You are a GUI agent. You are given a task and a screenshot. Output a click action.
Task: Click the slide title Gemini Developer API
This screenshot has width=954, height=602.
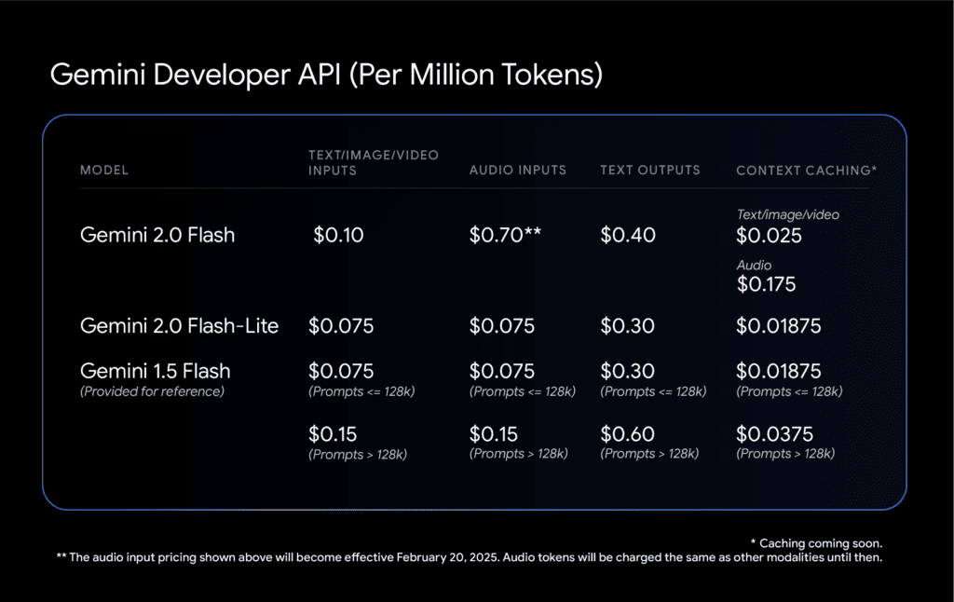coord(326,75)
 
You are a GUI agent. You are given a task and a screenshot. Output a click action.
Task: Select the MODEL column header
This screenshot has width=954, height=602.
coord(104,171)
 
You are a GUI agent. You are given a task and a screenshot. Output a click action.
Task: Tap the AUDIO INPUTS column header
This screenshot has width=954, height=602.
coord(517,171)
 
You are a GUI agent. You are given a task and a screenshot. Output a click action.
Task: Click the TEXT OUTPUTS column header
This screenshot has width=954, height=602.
coord(649,171)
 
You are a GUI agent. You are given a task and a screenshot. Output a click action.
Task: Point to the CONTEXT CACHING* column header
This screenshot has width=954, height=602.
coord(806,171)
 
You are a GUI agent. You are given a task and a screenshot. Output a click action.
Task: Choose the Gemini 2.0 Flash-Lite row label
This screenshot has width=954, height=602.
coord(179,326)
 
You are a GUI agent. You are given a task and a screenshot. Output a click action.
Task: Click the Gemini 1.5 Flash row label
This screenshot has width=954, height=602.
coord(155,371)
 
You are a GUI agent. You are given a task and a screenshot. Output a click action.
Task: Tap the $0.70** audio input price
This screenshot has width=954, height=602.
coord(504,235)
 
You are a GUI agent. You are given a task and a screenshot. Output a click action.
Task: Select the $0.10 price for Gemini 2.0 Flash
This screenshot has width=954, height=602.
coord(338,235)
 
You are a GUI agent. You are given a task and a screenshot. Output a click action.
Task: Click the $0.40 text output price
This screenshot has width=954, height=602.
coord(627,235)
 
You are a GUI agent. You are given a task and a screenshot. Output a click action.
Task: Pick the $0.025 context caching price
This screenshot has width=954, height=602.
coord(769,235)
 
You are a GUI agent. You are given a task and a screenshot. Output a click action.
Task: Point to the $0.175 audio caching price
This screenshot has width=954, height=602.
coord(766,284)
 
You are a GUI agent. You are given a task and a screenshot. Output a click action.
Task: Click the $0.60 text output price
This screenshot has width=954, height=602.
coord(627,434)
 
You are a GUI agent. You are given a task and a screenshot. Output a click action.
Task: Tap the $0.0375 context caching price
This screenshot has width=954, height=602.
coord(774,434)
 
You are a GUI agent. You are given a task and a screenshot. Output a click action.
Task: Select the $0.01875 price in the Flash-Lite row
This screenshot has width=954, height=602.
coord(779,326)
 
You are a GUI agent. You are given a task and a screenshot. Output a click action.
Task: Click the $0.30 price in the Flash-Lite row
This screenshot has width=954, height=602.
coord(627,326)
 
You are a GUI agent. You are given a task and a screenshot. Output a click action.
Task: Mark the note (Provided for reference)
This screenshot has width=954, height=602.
coord(152,391)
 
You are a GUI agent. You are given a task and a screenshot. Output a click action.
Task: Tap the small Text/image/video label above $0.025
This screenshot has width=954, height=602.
coord(787,215)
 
